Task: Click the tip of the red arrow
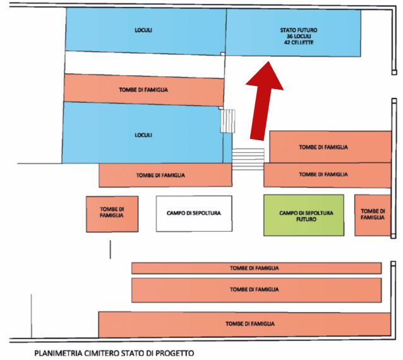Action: (x=268, y=62)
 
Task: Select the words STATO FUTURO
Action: (x=299, y=30)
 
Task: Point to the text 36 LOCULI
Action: (x=299, y=37)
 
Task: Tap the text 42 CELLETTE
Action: (x=299, y=43)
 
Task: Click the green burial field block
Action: (x=303, y=215)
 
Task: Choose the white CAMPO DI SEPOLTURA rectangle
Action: (x=193, y=213)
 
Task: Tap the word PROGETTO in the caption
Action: (x=174, y=353)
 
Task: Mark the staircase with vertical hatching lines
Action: (x=227, y=121)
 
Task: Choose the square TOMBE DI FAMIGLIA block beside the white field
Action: (x=111, y=213)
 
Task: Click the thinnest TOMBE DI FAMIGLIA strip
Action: (x=256, y=268)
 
